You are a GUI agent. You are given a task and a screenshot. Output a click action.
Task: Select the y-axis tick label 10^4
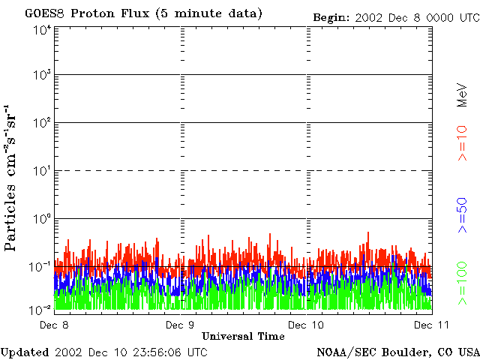pyautogui.click(x=42, y=29)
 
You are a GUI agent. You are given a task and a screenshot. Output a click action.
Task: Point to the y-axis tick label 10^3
pyautogui.click(x=42, y=75)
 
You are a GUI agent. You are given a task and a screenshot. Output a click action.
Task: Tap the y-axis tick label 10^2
pyautogui.click(x=42, y=122)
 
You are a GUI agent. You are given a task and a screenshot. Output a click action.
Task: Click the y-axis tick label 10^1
pyautogui.click(x=42, y=170)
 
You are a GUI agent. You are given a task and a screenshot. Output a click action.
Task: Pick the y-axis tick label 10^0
pyautogui.click(x=42, y=218)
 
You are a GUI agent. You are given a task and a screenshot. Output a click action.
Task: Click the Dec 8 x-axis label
pyautogui.click(x=54, y=325)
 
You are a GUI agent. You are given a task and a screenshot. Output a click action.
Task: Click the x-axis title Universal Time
pyautogui.click(x=243, y=336)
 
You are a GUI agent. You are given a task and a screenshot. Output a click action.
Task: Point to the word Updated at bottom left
pyautogui.click(x=25, y=352)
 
